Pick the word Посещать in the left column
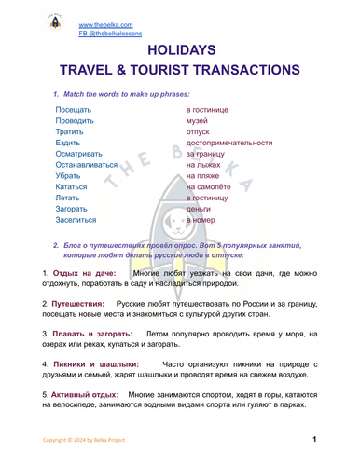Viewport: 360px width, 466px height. coord(74,110)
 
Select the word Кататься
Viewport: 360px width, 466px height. coord(72,186)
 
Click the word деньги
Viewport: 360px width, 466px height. coord(199,209)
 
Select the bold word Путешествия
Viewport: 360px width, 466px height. coord(83,304)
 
